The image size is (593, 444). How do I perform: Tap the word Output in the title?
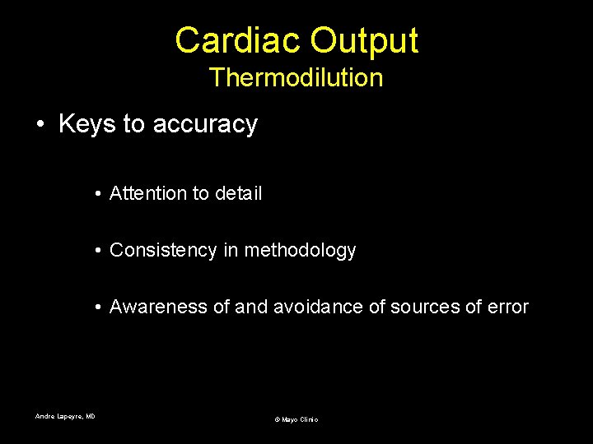[362, 40]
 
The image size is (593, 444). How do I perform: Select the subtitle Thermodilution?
[296, 78]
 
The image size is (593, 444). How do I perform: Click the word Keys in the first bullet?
[86, 124]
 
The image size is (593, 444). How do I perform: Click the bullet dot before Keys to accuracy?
[40, 125]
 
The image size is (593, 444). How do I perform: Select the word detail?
[238, 193]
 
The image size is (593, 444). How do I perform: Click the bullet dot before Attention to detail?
[97, 194]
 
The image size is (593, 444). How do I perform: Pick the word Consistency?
[164, 250]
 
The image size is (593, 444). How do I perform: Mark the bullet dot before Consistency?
[97, 251]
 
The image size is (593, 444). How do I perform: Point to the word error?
[508, 307]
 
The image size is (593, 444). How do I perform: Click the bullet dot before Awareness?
[97, 308]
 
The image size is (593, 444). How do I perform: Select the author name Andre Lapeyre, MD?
[65, 416]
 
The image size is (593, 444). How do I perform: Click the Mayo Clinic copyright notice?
[296, 419]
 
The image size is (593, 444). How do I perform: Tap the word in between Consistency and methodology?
[230, 250]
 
